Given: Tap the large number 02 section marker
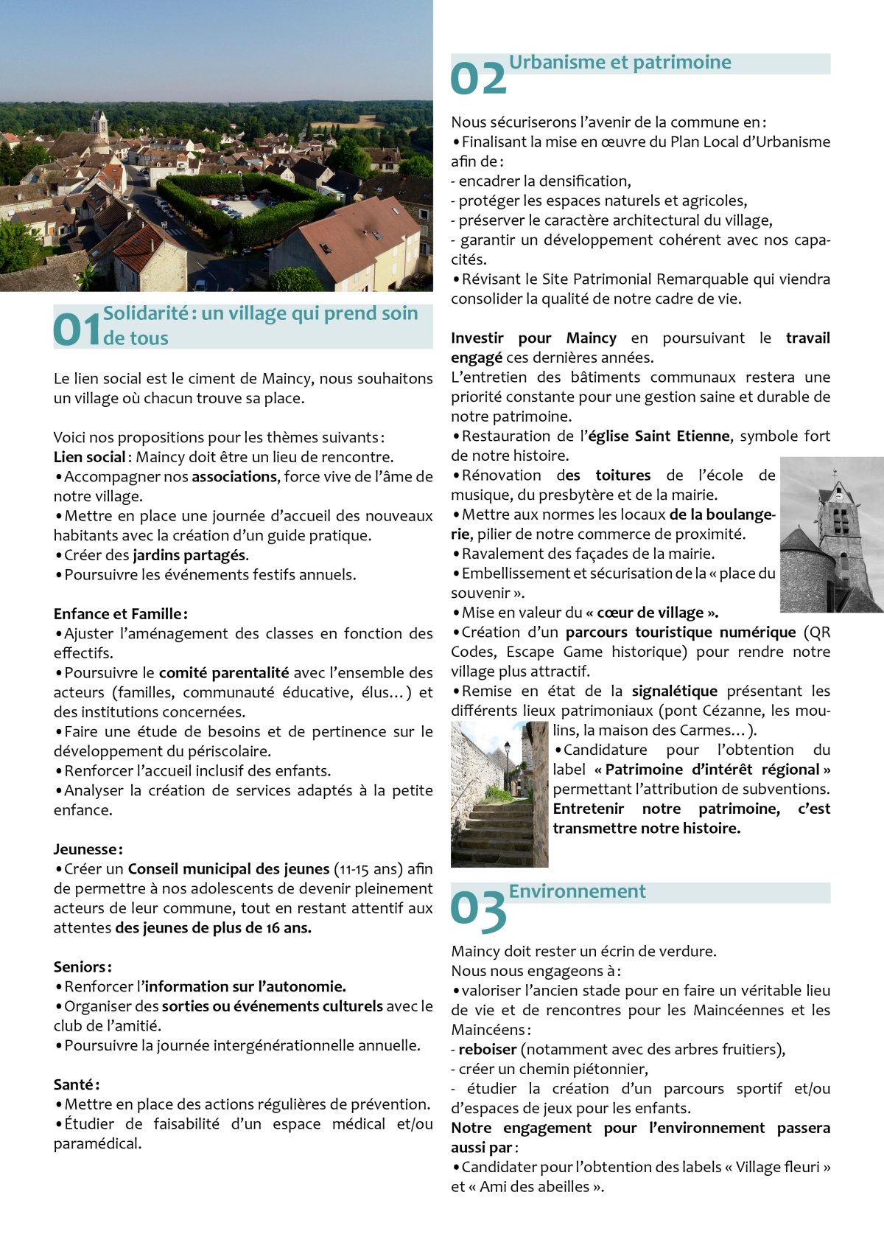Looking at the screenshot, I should (478, 78).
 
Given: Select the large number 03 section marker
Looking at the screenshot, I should (478, 908).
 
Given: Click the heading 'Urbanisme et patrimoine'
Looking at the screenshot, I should (620, 63).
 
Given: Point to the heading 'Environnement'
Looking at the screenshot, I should (577, 891).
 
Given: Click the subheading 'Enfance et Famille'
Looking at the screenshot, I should (120, 614).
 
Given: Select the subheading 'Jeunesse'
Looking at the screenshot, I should (88, 849).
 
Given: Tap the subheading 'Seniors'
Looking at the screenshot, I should (83, 967).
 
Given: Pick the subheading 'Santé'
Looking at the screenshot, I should (76, 1084).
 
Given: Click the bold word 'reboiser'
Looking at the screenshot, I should (487, 1050).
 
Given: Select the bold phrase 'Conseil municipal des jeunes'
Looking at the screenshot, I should (228, 869).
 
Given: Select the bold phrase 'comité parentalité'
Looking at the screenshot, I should (223, 673).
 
